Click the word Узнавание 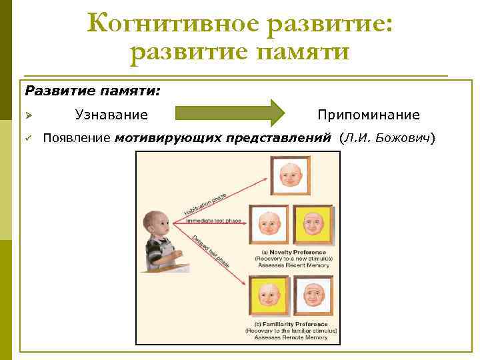click(111, 115)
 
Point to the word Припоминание click(368, 115)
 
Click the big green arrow click(230, 113)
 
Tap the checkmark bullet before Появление click(29, 138)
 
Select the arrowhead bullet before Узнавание click(29, 115)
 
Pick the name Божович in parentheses click(406, 138)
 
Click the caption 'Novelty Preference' click(294, 252)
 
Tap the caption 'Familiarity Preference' click(291, 323)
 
